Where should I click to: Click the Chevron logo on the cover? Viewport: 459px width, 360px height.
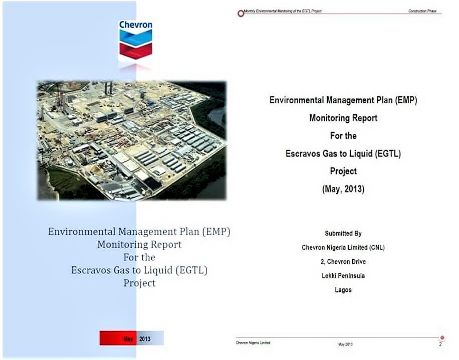[x=135, y=40]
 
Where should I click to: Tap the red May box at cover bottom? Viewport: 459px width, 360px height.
[x=118, y=338]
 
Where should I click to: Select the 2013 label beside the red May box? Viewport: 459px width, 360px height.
[x=145, y=339]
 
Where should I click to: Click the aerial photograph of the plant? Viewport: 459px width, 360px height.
[x=132, y=140]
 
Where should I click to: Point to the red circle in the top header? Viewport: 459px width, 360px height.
[x=241, y=14]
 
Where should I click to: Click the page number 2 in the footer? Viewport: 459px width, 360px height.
[x=440, y=344]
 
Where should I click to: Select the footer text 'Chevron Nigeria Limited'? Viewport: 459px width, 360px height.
[x=253, y=343]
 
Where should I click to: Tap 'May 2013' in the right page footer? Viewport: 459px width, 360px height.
[x=345, y=344]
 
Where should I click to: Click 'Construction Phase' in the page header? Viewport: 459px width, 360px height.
[x=422, y=11]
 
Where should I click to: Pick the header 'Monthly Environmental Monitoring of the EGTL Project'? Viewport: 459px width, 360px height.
[x=283, y=11]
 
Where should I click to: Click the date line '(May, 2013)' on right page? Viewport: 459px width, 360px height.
[x=343, y=189]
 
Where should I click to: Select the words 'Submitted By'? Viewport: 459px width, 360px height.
[x=343, y=234]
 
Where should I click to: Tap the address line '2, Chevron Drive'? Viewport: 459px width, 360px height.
[x=343, y=262]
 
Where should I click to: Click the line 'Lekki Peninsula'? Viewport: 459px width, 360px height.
[x=343, y=276]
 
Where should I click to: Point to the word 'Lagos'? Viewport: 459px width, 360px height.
[x=343, y=290]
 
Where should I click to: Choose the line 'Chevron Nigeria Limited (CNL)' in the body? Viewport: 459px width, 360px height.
[x=343, y=248]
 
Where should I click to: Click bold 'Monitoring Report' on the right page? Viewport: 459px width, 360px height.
[x=343, y=118]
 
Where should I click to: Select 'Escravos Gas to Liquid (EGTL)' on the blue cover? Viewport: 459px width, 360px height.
[x=139, y=270]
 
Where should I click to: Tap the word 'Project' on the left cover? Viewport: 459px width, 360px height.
[x=139, y=283]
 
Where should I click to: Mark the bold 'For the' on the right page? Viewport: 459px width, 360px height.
[x=343, y=135]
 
